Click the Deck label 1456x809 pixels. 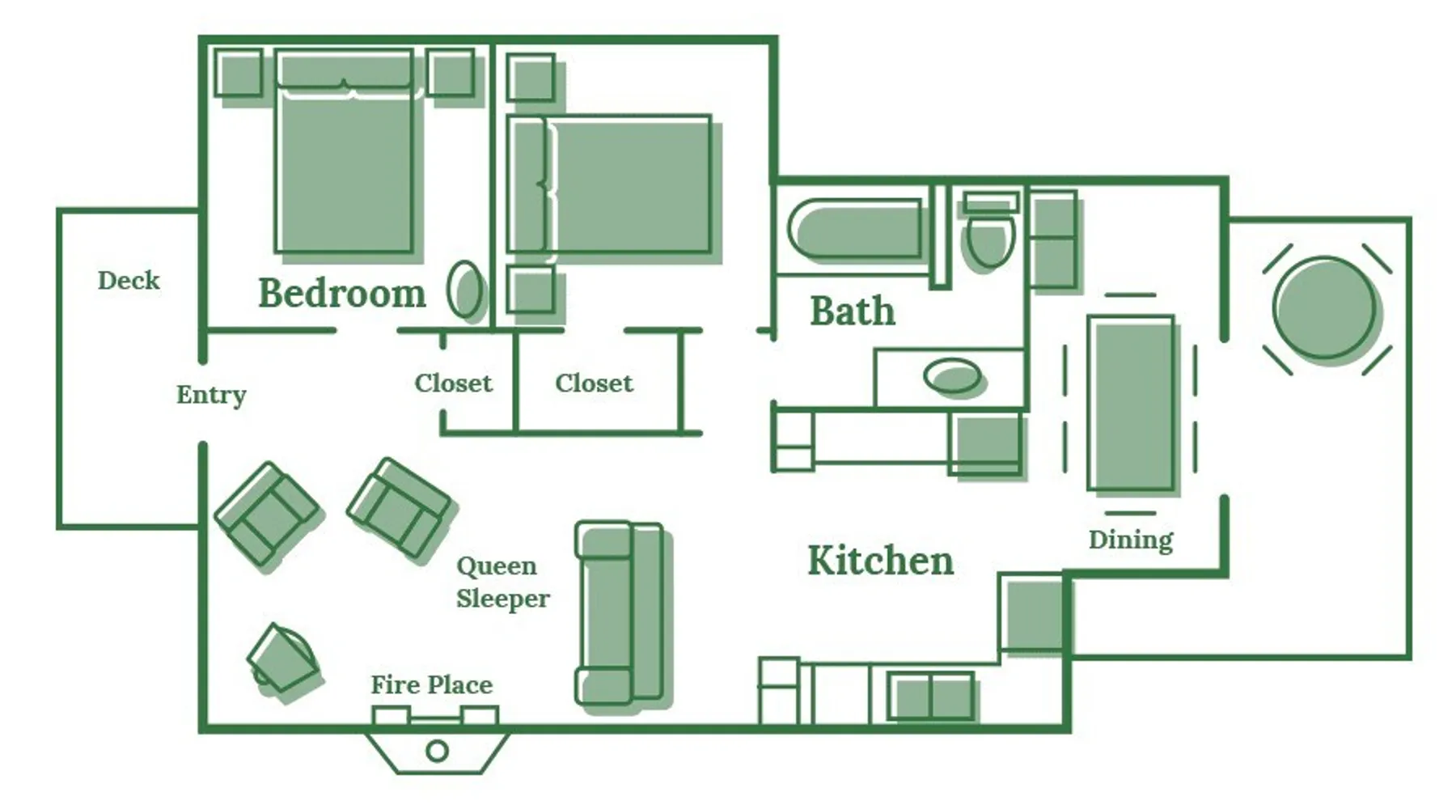[x=129, y=281]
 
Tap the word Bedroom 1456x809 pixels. [x=341, y=293]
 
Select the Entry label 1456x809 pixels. [x=211, y=395]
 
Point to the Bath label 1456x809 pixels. [x=853, y=311]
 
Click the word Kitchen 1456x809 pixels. [x=881, y=561]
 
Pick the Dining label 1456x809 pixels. [x=1131, y=540]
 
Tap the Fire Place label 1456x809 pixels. [x=431, y=685]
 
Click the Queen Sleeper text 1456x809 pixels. [x=502, y=582]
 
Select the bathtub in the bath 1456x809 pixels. [x=855, y=229]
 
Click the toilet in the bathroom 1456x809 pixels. [x=989, y=230]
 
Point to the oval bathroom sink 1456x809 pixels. [x=952, y=375]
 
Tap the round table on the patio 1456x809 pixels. [x=1323, y=307]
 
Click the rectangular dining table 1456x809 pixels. [x=1131, y=403]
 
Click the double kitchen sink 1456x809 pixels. [x=931, y=696]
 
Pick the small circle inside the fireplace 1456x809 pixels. [x=437, y=752]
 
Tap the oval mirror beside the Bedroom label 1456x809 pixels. [x=465, y=288]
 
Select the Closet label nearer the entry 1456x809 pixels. [x=453, y=383]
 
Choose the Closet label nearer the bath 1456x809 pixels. [x=594, y=383]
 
